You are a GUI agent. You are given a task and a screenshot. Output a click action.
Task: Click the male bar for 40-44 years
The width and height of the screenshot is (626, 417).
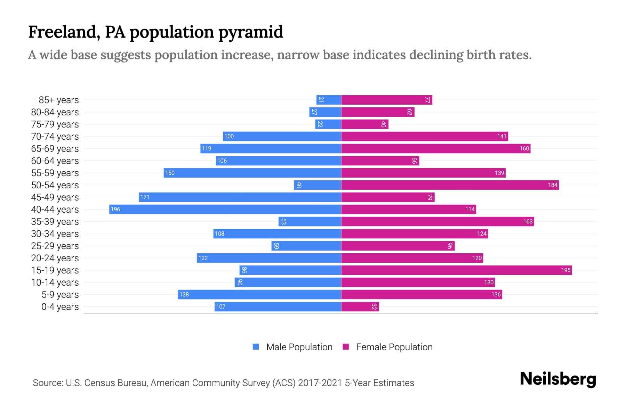(x=225, y=209)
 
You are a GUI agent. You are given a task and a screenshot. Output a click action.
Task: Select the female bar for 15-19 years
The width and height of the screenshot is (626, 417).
(x=456, y=270)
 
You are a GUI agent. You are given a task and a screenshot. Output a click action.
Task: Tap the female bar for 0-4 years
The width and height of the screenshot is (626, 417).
(x=360, y=306)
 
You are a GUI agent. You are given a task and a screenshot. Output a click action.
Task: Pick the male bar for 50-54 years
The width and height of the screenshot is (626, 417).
(x=317, y=185)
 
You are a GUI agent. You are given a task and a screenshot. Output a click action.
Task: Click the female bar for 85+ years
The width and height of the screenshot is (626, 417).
(x=386, y=100)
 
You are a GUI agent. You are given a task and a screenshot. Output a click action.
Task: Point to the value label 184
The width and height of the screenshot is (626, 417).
(x=553, y=185)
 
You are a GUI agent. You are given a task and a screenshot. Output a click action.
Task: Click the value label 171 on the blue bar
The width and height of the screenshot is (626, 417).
(x=145, y=197)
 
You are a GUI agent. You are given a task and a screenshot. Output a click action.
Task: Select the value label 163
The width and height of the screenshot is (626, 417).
(x=528, y=221)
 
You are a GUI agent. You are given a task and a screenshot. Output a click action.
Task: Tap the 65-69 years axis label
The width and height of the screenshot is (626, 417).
(x=55, y=149)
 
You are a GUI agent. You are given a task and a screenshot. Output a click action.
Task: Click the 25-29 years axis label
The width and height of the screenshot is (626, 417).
(x=55, y=246)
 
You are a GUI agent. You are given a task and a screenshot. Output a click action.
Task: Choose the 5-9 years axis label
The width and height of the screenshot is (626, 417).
(x=60, y=295)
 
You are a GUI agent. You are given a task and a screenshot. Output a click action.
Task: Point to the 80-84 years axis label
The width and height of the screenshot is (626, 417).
(x=55, y=112)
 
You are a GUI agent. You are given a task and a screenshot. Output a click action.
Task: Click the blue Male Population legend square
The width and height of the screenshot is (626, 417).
(x=256, y=347)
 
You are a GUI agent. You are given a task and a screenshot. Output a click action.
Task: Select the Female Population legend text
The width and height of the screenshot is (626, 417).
(x=394, y=347)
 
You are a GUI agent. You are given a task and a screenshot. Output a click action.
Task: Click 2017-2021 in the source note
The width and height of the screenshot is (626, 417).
(x=320, y=383)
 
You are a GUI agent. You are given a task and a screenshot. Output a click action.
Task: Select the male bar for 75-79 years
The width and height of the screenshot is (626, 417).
(x=328, y=124)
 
